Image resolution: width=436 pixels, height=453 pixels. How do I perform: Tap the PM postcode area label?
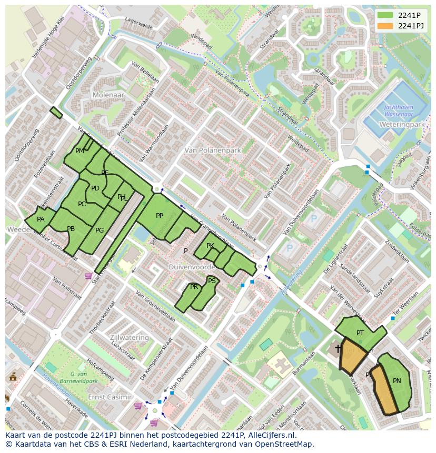coord(80,151)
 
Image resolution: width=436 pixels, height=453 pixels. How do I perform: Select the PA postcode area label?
coord(41,219)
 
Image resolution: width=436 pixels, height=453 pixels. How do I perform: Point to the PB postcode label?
coord(71,228)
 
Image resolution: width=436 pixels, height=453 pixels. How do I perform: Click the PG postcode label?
coord(100,230)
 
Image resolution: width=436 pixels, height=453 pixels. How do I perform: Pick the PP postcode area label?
coord(160,215)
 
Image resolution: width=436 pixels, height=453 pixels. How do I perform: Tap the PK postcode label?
coord(210,246)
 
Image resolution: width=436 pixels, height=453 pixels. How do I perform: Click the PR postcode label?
coord(194,287)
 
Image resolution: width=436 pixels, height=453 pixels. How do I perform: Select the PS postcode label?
coord(212,281)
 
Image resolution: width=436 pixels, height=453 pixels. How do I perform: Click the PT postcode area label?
coord(360,333)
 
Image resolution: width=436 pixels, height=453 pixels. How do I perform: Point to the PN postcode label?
coord(397,380)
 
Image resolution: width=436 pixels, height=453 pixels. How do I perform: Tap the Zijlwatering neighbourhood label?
coord(129,337)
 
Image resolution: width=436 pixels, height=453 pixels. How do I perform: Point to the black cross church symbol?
coord(338,348)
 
